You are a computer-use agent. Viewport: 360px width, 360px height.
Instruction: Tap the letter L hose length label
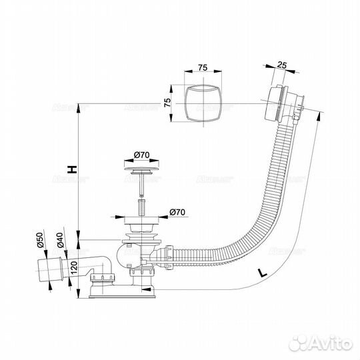(261, 273)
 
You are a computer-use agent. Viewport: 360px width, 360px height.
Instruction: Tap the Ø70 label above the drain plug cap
(141, 155)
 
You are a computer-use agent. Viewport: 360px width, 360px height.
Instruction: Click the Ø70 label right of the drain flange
(177, 212)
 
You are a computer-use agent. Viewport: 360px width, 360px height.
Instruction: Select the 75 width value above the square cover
(204, 67)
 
